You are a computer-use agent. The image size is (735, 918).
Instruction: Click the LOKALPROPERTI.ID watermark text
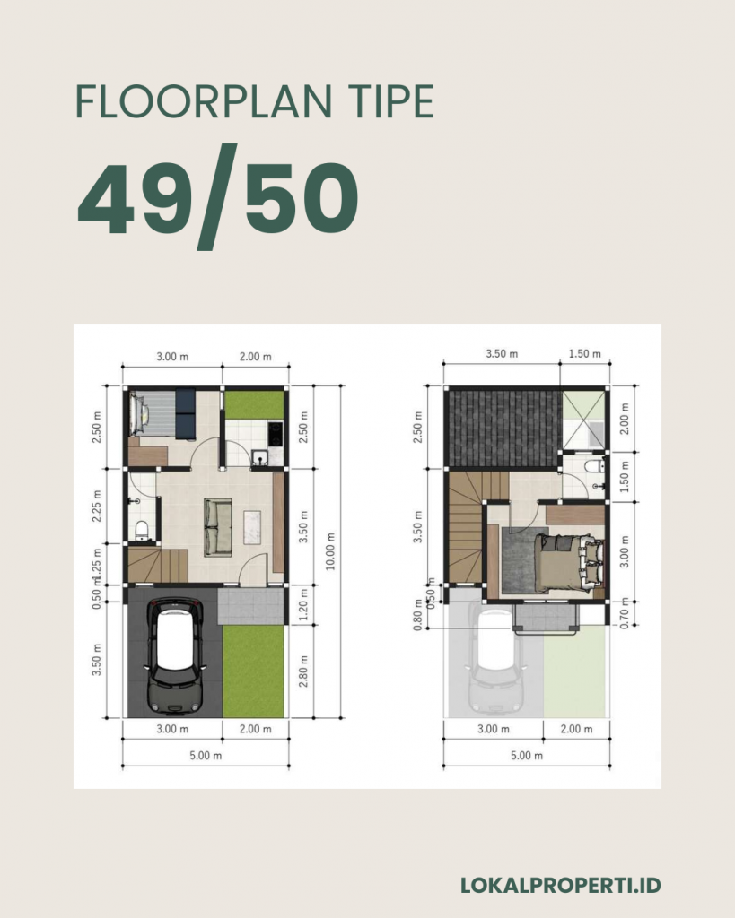561,885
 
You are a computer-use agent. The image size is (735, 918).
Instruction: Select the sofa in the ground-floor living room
218,527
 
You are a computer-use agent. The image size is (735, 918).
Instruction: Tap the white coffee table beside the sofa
251,527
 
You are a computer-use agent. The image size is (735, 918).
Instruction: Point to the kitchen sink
259,457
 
